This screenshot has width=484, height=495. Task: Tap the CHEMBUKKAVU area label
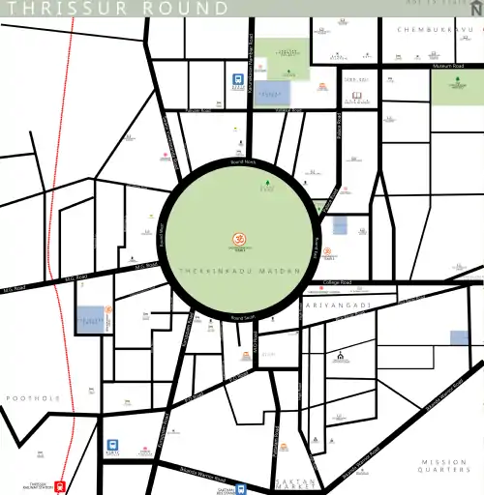point(439,30)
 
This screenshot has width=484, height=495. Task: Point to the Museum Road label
point(449,66)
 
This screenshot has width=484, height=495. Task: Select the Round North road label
point(242,161)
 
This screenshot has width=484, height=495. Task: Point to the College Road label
point(337,282)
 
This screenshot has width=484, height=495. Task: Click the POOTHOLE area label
point(33,398)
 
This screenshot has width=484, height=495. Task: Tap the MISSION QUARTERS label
point(444,467)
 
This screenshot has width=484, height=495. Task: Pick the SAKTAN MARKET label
point(297,483)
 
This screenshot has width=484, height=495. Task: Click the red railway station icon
point(59,486)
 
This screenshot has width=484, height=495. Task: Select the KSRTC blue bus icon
point(112,447)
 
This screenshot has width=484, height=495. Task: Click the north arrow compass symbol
point(474,9)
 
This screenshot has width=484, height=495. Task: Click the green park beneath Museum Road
point(456,88)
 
